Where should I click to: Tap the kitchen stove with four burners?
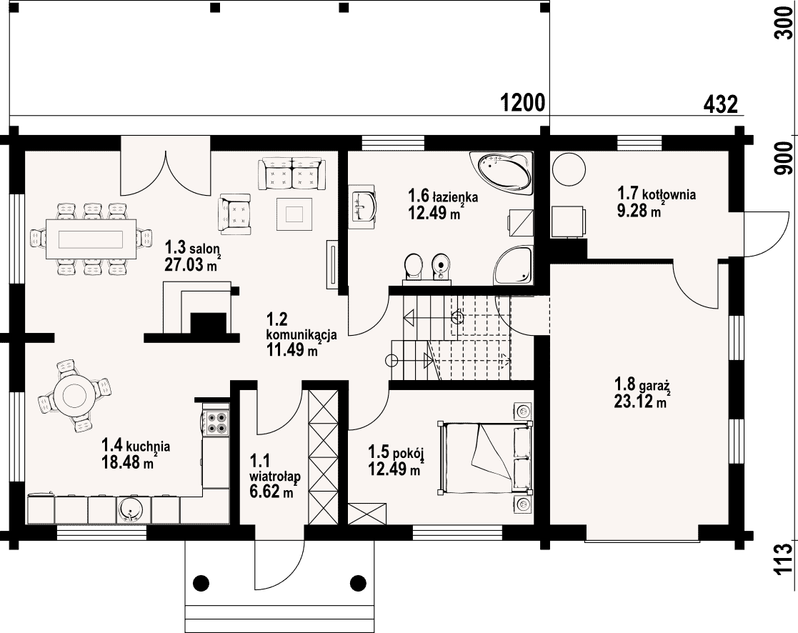click(x=215, y=422)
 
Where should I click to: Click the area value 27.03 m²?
click(x=191, y=264)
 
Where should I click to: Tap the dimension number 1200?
click(x=523, y=104)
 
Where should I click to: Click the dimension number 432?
click(x=720, y=104)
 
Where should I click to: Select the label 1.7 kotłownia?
click(x=657, y=194)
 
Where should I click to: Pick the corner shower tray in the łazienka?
click(x=514, y=265)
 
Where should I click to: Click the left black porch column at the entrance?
click(x=201, y=582)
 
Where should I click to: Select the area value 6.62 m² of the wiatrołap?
click(x=274, y=492)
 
